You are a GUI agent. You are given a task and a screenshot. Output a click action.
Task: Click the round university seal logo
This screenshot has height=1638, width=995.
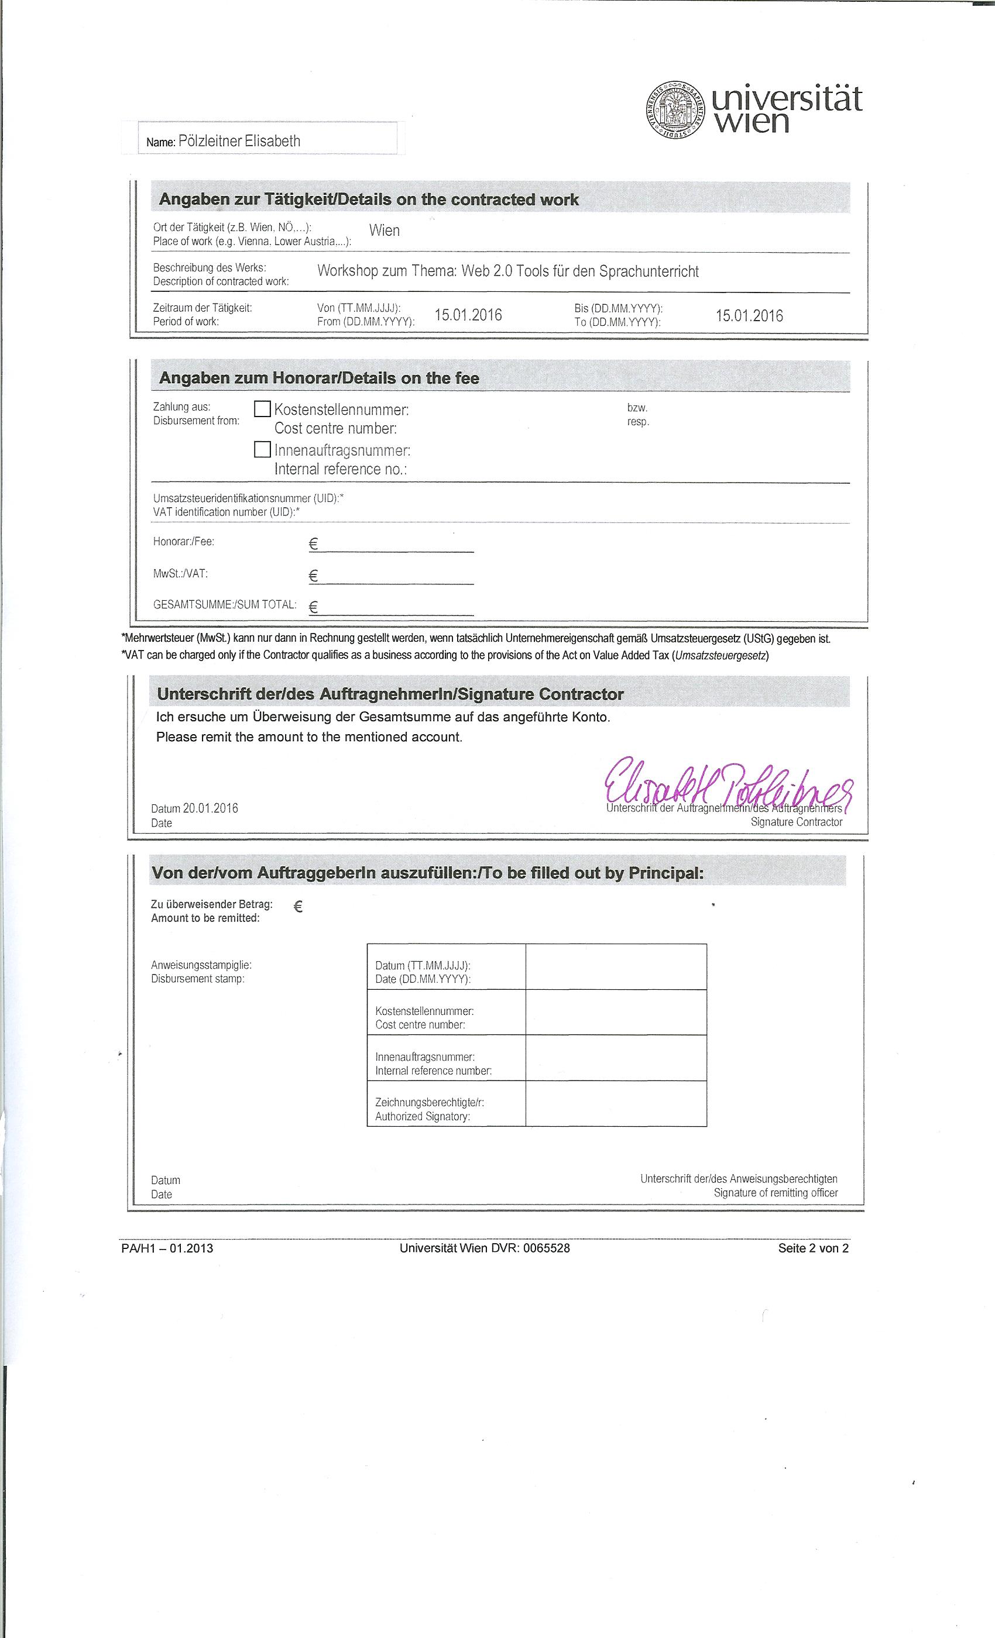click(x=674, y=110)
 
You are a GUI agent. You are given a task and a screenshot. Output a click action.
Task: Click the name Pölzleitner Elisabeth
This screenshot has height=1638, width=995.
click(x=239, y=141)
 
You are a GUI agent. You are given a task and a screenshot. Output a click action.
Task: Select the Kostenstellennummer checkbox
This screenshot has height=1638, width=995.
click(x=263, y=409)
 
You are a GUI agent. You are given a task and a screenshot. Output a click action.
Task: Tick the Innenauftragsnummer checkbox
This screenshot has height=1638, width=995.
click(x=263, y=450)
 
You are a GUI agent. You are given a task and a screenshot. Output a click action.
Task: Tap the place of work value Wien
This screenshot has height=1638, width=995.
click(x=385, y=230)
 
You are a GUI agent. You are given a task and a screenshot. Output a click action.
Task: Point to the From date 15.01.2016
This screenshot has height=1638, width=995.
click(x=468, y=315)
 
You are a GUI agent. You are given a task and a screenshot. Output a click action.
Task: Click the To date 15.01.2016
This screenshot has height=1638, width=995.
click(x=750, y=316)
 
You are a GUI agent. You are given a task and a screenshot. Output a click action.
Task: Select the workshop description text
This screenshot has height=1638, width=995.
click(x=508, y=271)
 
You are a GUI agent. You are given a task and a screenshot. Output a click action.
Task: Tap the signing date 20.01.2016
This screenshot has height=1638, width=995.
click(x=210, y=808)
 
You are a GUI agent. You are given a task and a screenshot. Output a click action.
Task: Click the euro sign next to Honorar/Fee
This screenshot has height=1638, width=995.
click(x=314, y=545)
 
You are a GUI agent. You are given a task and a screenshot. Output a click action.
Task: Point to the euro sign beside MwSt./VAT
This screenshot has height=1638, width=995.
click(x=314, y=576)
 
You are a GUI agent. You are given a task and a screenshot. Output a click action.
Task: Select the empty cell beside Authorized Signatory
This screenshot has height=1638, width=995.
click(x=616, y=1103)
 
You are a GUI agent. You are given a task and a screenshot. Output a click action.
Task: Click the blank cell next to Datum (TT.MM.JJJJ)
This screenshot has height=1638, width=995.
click(x=616, y=966)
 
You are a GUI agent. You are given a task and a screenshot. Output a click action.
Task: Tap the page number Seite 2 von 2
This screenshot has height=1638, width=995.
click(x=813, y=1248)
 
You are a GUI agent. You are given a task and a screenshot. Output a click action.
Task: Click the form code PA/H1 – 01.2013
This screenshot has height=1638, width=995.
click(x=167, y=1248)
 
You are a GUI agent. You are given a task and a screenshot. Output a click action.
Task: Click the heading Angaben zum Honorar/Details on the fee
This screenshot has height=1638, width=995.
click(x=319, y=378)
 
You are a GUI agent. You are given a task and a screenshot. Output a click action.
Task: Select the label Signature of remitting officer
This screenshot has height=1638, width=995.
click(x=776, y=1193)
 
